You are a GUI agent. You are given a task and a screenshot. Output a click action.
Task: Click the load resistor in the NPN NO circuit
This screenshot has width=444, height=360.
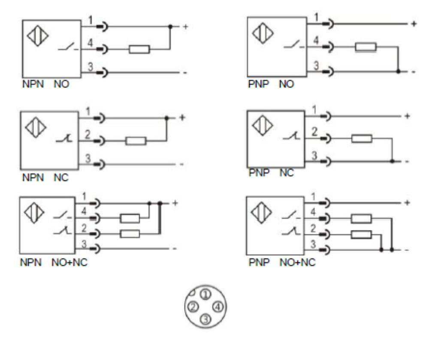139,50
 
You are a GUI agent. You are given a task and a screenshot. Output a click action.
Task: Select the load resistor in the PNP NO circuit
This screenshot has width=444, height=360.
365,47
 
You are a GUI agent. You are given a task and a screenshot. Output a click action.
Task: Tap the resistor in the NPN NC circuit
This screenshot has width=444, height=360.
136,141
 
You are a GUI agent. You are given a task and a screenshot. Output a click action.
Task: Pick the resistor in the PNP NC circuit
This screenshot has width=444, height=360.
362,138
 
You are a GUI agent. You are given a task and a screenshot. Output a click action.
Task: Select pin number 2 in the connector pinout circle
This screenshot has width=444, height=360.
193,307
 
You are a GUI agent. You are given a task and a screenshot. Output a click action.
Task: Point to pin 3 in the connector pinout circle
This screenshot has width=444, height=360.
206,319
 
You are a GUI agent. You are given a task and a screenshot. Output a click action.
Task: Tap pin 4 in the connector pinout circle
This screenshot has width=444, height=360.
218,307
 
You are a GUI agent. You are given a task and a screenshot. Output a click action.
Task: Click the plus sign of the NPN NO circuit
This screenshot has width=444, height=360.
185,27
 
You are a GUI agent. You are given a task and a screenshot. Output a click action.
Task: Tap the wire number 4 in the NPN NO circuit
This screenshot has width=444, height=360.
90,43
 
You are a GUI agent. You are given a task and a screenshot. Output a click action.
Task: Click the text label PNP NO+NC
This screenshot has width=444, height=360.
282,262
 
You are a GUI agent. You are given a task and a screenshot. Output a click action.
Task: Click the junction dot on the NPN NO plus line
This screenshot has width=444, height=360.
170,27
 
